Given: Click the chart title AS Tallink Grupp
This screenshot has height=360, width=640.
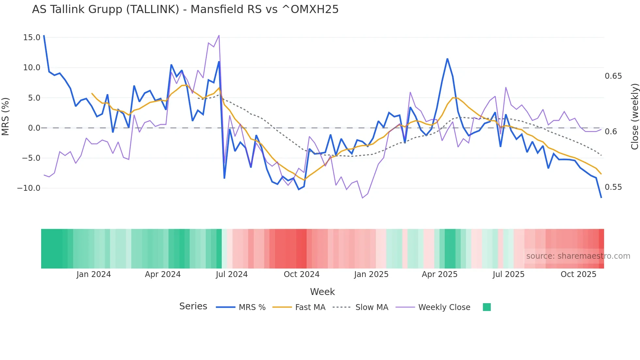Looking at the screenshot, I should coord(185,9).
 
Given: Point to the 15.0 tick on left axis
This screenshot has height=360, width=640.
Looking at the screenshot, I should coord(32,38).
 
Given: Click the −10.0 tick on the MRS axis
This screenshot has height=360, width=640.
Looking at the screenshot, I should coord(29,188).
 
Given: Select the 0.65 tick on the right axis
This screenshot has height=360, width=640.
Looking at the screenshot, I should coord(613,76).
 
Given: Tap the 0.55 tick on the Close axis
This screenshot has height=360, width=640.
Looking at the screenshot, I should coord(613,187).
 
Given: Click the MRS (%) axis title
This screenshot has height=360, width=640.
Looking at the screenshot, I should coord(6,117).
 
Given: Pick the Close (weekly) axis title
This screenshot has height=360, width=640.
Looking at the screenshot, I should coord(634,117).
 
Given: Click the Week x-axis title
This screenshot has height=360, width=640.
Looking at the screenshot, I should coord(322,292).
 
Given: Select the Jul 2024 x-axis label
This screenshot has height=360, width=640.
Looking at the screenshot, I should coord(232,274).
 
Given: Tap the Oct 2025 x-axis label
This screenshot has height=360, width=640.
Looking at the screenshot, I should coord(578,274).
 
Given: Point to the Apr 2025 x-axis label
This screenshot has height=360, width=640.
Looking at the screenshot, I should coord(440,274).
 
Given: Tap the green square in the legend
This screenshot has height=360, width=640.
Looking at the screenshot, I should coord(487,307).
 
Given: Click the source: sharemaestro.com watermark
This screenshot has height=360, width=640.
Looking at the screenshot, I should coord(578,256).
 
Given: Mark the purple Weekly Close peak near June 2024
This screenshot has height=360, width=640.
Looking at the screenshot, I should coord(219,35).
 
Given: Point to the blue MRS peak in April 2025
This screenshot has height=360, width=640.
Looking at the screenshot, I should coord(447,59).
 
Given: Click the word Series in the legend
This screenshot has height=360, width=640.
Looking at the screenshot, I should coord(193,306).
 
